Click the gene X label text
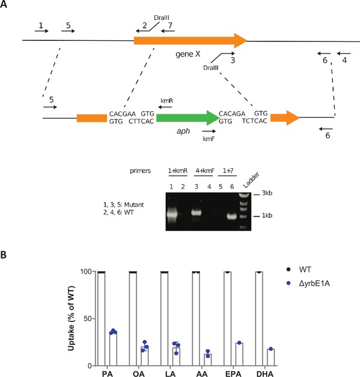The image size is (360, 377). [x=188, y=54]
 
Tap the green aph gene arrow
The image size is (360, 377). [x=188, y=118]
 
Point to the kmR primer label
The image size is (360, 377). [x=167, y=101]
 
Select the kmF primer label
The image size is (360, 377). [x=209, y=139]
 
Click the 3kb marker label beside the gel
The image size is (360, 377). [x=267, y=193]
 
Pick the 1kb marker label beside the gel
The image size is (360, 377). [x=267, y=215]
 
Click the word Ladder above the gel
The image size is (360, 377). [x=251, y=180]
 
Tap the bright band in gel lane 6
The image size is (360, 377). [x=232, y=216]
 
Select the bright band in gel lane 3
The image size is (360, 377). [x=197, y=212]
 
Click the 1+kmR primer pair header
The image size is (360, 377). [x=177, y=171]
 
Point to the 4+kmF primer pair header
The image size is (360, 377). [x=205, y=171]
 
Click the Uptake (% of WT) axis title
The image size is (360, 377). [x=71, y=318]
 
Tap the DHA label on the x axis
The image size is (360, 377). [x=265, y=373]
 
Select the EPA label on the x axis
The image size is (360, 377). [x=233, y=373]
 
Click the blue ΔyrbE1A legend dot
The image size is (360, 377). [x=289, y=283]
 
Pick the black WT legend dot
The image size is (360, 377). [x=289, y=270]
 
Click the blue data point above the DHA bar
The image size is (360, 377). [x=271, y=349]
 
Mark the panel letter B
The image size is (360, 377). [x=4, y=255]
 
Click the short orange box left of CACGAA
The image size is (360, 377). [x=92, y=118]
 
